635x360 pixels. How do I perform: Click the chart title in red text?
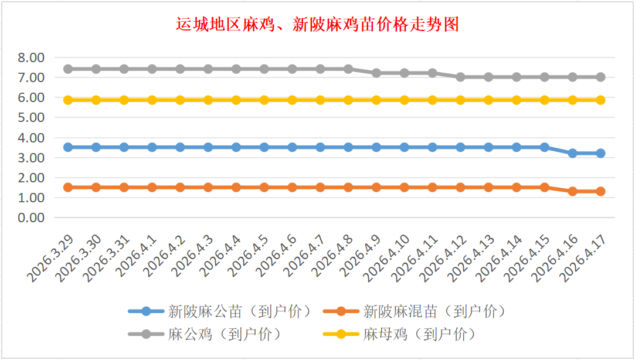[317, 25]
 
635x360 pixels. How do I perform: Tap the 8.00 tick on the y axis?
[32, 57]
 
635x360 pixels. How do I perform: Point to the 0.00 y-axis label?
[32, 218]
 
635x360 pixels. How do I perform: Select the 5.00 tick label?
[32, 117]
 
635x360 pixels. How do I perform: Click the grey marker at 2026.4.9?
[376, 73]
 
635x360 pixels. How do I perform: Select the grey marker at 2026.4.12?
[460, 77]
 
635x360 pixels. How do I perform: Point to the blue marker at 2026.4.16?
[572, 153]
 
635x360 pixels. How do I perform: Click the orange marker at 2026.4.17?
[600, 191]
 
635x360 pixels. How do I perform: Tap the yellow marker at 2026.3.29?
[68, 100]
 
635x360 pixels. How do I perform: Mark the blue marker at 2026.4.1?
[152, 147]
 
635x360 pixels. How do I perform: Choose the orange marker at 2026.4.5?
[264, 188]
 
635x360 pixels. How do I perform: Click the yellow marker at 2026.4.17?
[600, 100]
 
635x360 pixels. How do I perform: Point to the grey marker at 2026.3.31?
[124, 69]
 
